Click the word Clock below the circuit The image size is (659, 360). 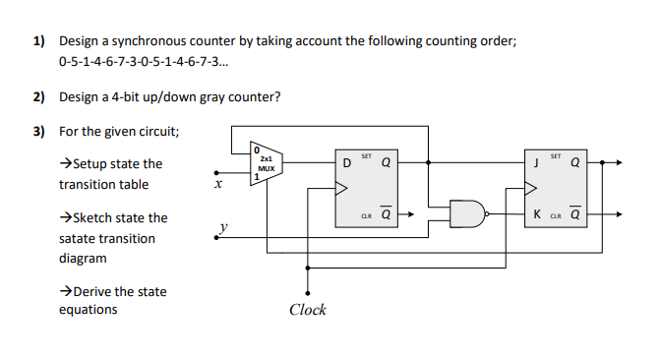pyautogui.click(x=308, y=311)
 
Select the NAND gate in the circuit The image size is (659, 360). pyautogui.click(x=466, y=212)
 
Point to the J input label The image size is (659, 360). pyautogui.click(x=535, y=163)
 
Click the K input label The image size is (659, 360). pyautogui.click(x=535, y=213)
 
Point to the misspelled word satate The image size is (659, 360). pyautogui.click(x=78, y=238)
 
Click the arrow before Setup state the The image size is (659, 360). pyautogui.click(x=66, y=164)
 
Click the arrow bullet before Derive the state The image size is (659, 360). pyautogui.click(x=66, y=292)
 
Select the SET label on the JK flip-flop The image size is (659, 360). pyautogui.click(x=556, y=156)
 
